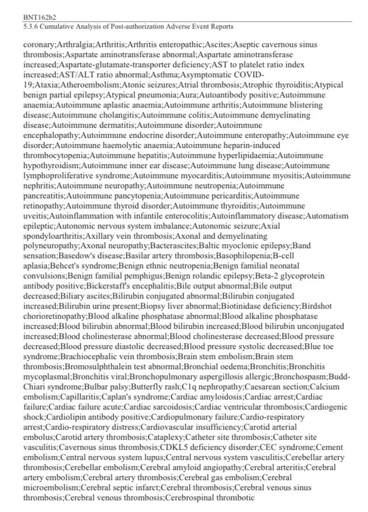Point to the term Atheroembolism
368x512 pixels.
(73, 85)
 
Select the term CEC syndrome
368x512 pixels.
(287, 448)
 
